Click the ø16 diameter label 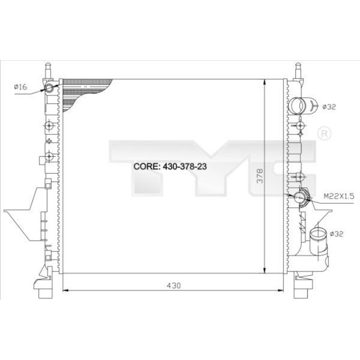point(21,87)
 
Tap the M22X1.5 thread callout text point(339,196)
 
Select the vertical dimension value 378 point(260,176)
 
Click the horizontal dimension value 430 point(174,285)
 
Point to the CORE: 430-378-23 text point(170,166)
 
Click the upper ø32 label point(329,107)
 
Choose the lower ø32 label point(336,234)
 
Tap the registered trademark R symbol point(324,133)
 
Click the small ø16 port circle point(49,88)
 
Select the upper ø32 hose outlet point(298,105)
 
